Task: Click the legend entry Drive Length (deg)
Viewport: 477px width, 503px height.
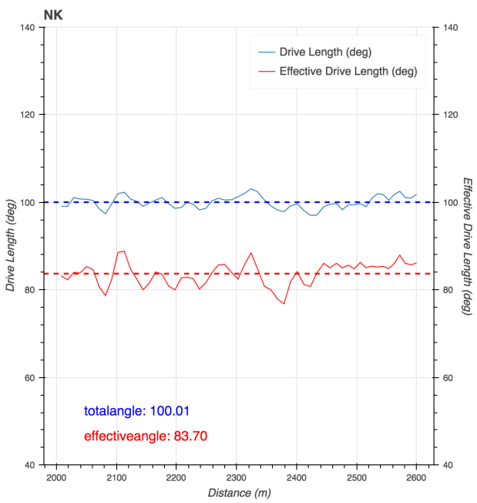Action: point(326,52)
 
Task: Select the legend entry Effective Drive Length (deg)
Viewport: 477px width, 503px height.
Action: point(348,72)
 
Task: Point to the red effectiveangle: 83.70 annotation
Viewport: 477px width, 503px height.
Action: point(145,436)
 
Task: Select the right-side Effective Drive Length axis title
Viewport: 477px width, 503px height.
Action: point(466,246)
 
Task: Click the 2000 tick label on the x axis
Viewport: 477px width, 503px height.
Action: point(56,477)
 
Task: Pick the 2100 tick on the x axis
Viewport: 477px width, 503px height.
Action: point(116,477)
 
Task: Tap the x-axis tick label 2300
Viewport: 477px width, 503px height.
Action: point(237,477)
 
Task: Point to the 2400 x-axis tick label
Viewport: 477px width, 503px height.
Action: point(297,477)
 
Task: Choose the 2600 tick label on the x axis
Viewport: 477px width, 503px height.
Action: point(416,477)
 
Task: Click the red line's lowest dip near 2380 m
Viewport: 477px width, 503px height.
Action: point(284,303)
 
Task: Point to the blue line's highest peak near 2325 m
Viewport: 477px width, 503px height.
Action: point(250,188)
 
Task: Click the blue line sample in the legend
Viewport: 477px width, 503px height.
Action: point(266,52)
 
